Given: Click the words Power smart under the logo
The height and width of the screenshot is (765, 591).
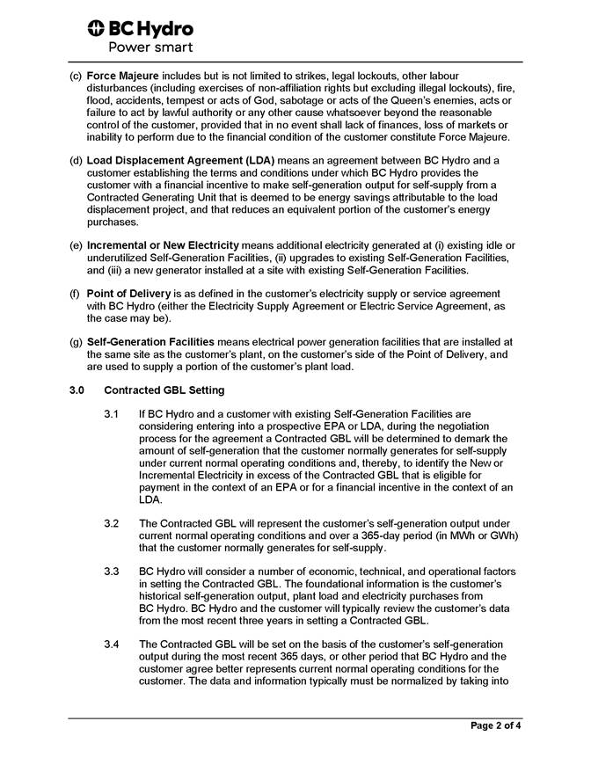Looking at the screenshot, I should click(150, 47).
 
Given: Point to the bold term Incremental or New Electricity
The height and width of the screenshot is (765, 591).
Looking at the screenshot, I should click(163, 244).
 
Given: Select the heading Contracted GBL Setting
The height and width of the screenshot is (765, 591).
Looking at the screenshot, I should click(164, 390).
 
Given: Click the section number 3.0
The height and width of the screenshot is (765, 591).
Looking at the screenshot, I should click(77, 390).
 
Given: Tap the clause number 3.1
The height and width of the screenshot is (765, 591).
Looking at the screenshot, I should click(111, 413).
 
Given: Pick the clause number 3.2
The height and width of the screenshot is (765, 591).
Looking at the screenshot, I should click(111, 523).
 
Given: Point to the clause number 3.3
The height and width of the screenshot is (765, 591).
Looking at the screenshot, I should click(111, 572).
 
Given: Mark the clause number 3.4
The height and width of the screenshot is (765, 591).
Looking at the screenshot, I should click(111, 645).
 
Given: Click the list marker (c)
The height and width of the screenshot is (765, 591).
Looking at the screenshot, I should click(76, 76).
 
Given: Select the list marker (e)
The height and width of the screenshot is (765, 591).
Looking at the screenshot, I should click(76, 244).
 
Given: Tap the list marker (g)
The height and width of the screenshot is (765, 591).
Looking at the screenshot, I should click(76, 340).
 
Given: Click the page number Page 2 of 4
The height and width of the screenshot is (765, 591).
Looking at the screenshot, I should click(495, 726).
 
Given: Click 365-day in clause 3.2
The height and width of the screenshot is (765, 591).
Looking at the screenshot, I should click(387, 535).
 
